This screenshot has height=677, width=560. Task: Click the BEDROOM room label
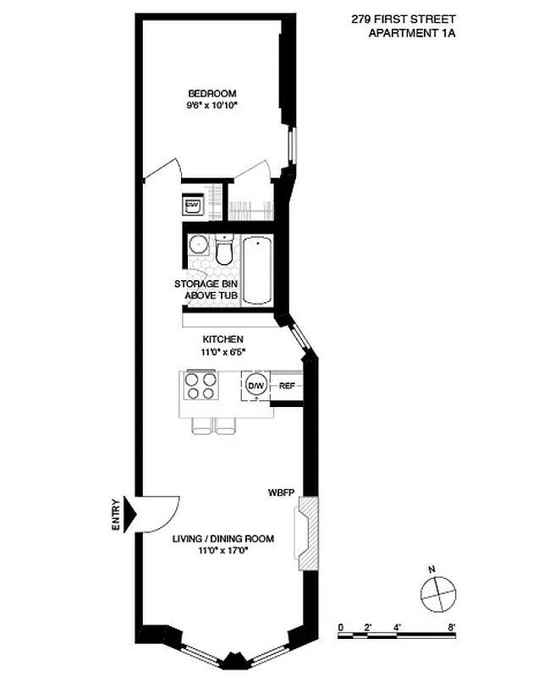[x=211, y=93]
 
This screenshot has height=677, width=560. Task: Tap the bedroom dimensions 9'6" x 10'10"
[x=211, y=106]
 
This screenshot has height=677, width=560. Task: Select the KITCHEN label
[x=223, y=339]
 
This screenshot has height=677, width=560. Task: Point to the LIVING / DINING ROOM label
[x=223, y=538]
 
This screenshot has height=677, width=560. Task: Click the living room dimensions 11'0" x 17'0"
[x=223, y=551]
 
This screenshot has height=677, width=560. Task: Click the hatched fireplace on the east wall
[x=308, y=533]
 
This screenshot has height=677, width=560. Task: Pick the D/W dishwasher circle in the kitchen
[x=255, y=386]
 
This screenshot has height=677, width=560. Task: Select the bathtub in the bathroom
[x=256, y=271]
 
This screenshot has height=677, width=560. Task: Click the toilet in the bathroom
[x=224, y=250]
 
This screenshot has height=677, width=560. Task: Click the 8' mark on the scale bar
[x=453, y=627]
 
